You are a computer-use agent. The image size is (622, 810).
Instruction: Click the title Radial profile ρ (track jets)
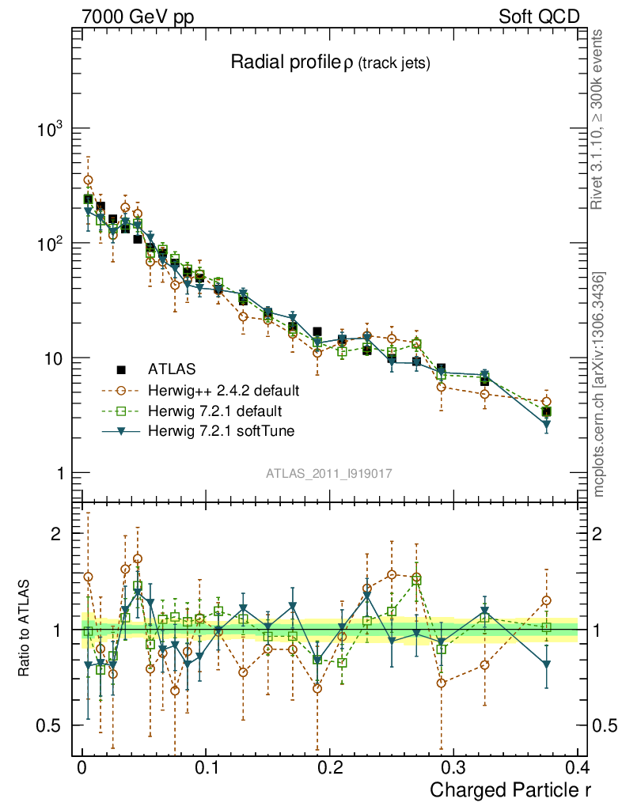coord(330,63)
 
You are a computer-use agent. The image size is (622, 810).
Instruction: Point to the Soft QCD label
coord(539,17)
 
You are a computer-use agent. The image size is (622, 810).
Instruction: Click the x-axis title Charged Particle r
coord(510,789)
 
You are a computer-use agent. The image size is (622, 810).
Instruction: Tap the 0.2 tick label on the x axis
coord(329,768)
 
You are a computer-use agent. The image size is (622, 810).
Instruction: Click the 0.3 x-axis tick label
coord(453,768)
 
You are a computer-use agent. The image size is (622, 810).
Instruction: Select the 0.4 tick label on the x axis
coord(577,768)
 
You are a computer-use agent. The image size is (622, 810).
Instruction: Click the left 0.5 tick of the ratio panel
coord(55,725)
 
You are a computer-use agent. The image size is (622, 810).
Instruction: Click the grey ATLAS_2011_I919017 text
coord(329,473)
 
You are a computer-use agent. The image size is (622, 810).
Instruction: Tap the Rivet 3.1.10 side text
coord(597,120)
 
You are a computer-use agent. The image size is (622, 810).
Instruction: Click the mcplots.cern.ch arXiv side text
coord(599,384)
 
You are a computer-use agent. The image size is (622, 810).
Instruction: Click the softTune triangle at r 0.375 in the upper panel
coord(546,425)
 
